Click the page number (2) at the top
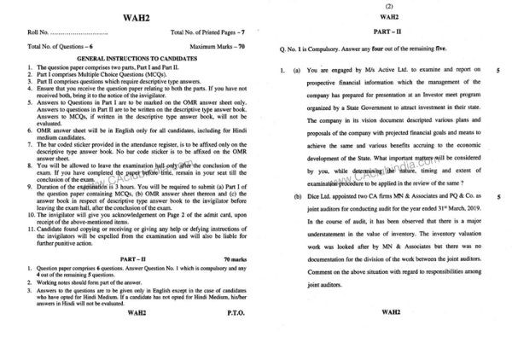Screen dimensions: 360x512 pos(387,5)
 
